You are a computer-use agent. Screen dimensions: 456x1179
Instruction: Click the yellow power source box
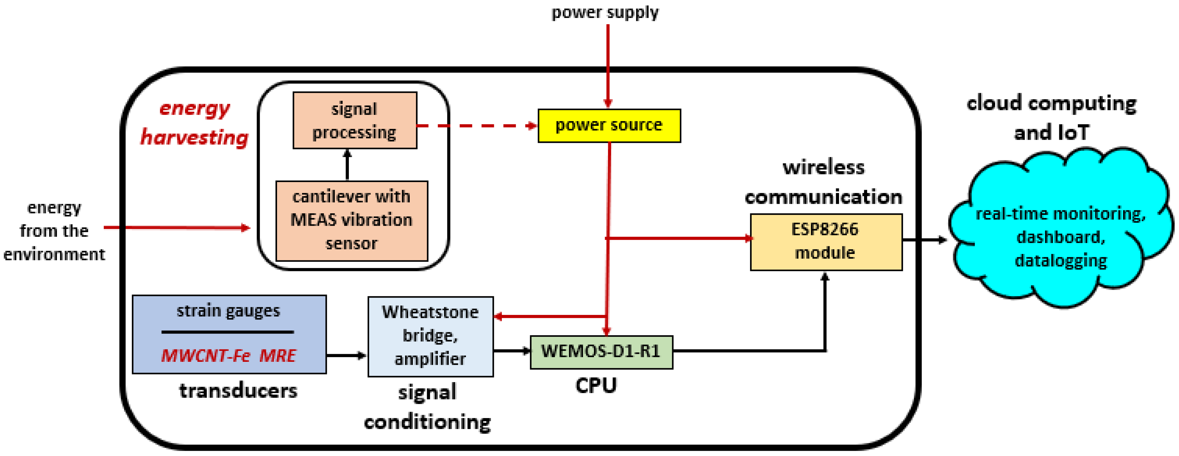[609, 125]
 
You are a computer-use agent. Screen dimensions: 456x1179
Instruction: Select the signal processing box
[355, 120]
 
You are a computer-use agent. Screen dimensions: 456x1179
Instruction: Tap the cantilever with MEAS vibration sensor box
[352, 221]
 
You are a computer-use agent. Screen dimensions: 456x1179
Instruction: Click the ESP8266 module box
[826, 242]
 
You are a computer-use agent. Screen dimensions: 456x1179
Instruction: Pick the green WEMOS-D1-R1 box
[601, 351]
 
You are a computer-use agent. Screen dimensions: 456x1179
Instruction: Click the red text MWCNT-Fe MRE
[229, 355]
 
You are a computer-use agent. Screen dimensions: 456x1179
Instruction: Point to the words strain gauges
[228, 311]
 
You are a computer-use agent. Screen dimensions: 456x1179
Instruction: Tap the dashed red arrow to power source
[476, 125]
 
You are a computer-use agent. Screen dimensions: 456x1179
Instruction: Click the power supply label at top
[605, 12]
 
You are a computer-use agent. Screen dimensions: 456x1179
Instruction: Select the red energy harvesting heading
[195, 123]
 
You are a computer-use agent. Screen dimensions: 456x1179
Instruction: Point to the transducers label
[238, 390]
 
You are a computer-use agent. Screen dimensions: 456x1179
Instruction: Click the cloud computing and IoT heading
[1051, 118]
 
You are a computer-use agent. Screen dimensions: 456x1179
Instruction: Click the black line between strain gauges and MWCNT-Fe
[227, 332]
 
